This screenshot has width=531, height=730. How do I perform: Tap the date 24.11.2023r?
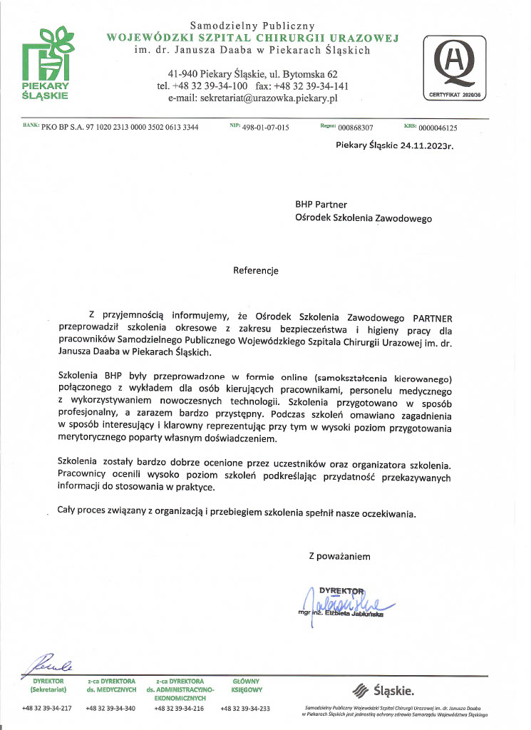coord(422,145)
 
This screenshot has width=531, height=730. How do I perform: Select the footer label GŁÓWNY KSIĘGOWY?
coord(247,686)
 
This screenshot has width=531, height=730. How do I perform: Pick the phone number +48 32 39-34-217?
coord(47,709)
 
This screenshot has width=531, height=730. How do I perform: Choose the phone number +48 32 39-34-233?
coord(245,709)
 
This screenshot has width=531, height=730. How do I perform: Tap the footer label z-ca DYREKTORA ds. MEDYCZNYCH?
coord(110,686)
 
